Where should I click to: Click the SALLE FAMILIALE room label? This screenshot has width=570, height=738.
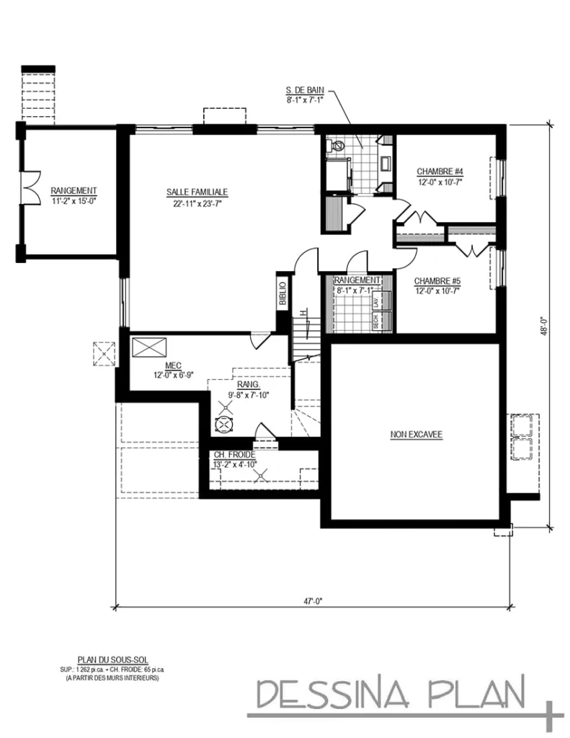pyautogui.click(x=197, y=192)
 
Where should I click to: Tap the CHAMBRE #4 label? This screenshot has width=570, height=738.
pyautogui.click(x=439, y=172)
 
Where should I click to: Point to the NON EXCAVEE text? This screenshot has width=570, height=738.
pyautogui.click(x=416, y=435)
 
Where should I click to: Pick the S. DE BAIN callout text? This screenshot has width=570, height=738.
pyautogui.click(x=305, y=91)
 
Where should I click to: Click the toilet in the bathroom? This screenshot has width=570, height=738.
pyautogui.click(x=336, y=146)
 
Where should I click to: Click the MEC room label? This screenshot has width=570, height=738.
pyautogui.click(x=172, y=365)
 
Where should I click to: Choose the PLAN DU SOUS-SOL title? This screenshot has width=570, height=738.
pyautogui.click(x=112, y=659)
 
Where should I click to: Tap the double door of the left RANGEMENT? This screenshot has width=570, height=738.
pyautogui.click(x=29, y=188)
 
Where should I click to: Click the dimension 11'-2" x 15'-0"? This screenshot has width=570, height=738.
pyautogui.click(x=74, y=201)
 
